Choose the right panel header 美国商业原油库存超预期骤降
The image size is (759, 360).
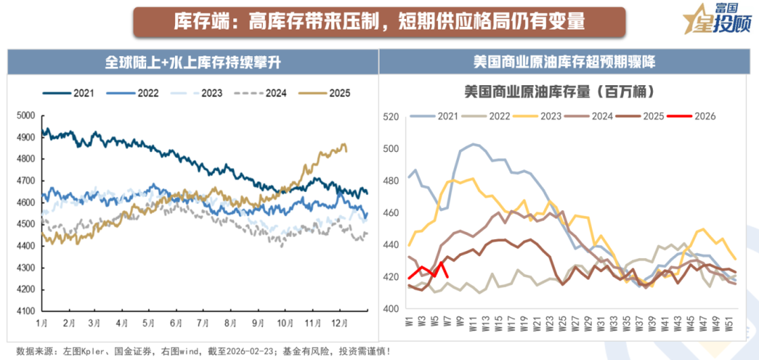click(564, 63)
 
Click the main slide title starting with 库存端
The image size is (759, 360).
click(379, 22)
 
